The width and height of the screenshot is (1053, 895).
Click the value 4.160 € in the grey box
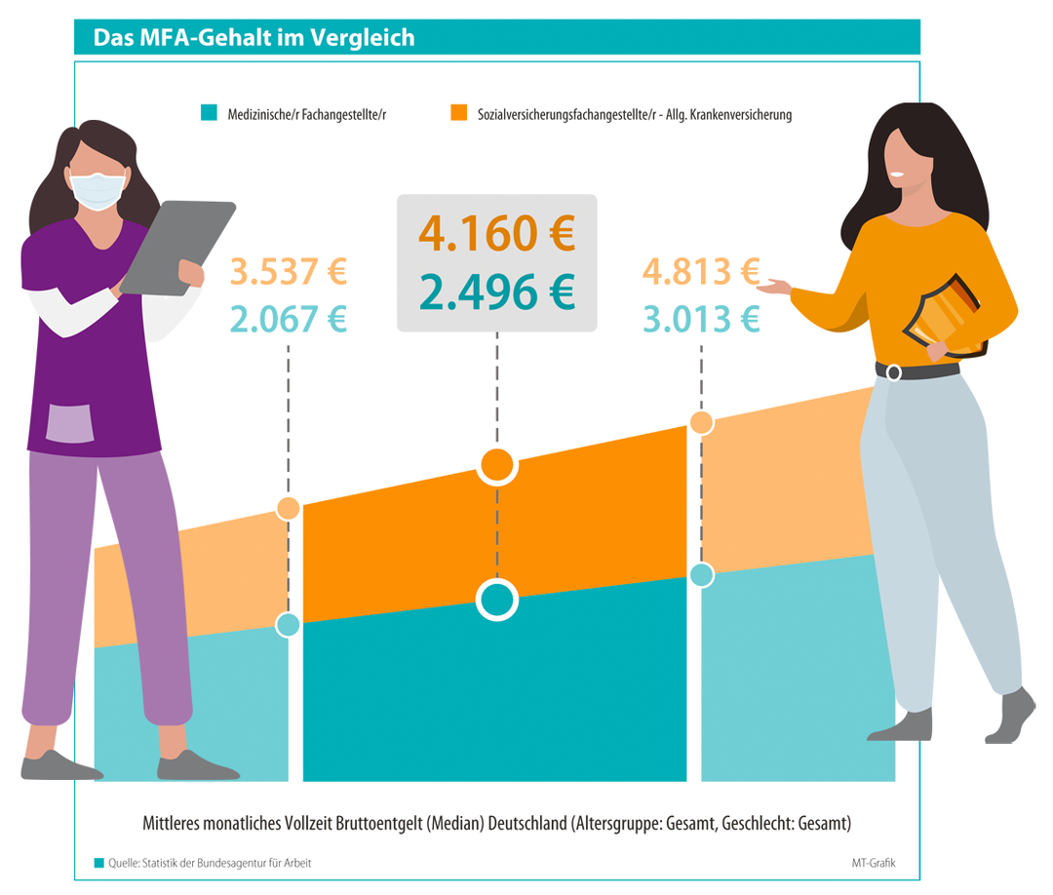(x=496, y=234)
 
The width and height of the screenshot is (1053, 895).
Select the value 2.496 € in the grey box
(x=496, y=290)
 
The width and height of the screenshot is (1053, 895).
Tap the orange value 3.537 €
(x=289, y=272)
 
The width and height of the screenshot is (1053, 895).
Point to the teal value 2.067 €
(x=289, y=319)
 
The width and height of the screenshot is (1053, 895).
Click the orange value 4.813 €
(x=701, y=272)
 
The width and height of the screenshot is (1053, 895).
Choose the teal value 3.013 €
(x=701, y=319)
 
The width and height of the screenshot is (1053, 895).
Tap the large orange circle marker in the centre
(x=497, y=465)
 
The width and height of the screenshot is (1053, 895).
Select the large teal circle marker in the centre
(x=497, y=601)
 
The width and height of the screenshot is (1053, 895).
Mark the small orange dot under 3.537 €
(x=288, y=508)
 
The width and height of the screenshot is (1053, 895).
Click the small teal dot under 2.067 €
(x=288, y=625)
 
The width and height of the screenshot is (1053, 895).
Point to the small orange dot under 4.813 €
(x=701, y=422)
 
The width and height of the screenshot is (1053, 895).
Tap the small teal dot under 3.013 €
(x=701, y=575)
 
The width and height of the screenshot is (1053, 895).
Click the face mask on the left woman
(x=100, y=189)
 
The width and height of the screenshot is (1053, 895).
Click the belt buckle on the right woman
(x=893, y=371)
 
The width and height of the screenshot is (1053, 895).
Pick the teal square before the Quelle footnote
(x=99, y=863)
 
